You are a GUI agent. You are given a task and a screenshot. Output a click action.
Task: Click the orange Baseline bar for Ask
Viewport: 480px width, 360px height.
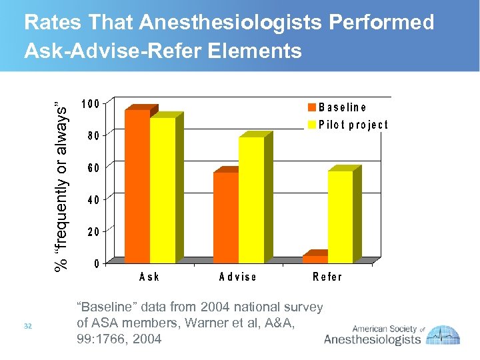(x=137, y=187)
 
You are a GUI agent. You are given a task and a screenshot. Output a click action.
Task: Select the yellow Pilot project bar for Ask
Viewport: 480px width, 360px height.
(x=163, y=190)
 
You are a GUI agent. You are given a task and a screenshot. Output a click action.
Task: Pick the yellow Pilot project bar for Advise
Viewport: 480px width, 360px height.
(x=251, y=200)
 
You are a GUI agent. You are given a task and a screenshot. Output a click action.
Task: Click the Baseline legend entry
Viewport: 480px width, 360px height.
(x=337, y=107)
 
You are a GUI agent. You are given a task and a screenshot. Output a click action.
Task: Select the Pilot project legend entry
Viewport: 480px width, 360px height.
(x=347, y=125)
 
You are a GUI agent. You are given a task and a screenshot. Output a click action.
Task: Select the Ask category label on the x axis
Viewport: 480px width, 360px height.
(x=149, y=277)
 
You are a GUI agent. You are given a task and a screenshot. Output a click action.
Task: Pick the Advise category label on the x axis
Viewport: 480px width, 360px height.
(x=237, y=277)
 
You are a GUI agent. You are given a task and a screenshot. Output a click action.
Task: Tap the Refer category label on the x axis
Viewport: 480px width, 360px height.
(x=327, y=277)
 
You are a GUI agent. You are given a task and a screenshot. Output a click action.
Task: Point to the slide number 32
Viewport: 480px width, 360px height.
(x=28, y=325)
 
